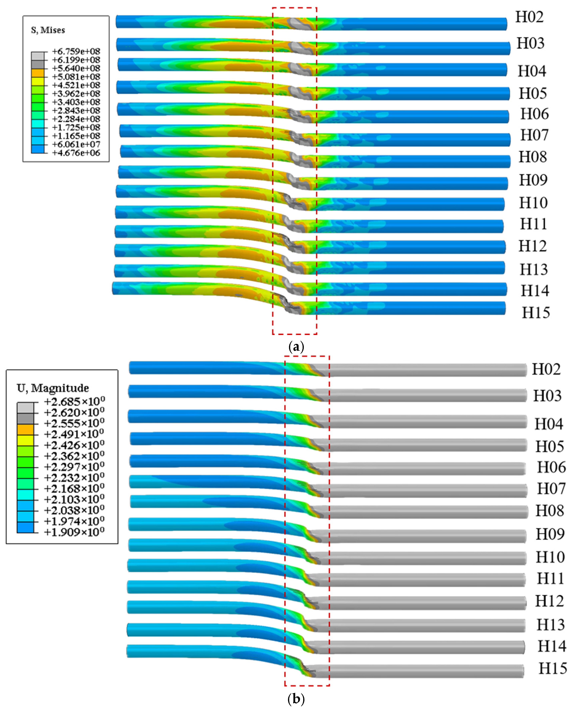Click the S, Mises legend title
click(x=48, y=30)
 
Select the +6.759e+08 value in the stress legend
click(x=76, y=51)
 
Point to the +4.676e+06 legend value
click(x=76, y=153)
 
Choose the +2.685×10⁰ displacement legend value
click(x=74, y=401)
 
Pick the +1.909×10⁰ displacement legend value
click(x=74, y=532)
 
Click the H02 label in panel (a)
click(x=529, y=17)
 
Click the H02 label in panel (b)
click(x=546, y=369)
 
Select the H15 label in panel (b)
click(x=553, y=668)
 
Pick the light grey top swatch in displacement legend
click(x=25, y=407)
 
